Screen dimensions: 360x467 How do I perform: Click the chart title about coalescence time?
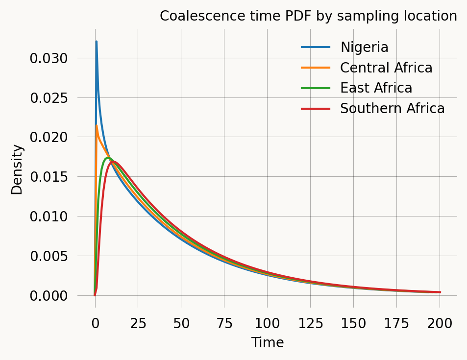pyautogui.click(x=308, y=16)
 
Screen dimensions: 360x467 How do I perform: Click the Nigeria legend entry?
pyautogui.click(x=364, y=48)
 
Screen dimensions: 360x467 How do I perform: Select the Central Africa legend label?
pyautogui.click(x=386, y=68)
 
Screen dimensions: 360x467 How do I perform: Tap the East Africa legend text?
pyautogui.click(x=376, y=88)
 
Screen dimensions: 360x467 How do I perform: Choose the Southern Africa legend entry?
pyautogui.click(x=392, y=109)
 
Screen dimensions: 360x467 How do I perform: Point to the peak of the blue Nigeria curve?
pyautogui.click(x=97, y=42)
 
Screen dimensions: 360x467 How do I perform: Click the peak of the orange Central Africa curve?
pyautogui.click(x=97, y=126)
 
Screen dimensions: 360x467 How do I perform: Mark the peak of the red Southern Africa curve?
pyautogui.click(x=113, y=162)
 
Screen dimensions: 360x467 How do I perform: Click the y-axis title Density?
pyautogui.click(x=17, y=169)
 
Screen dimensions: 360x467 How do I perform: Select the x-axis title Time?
pyautogui.click(x=267, y=343)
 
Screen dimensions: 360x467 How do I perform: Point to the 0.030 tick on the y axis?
pyautogui.click(x=49, y=58)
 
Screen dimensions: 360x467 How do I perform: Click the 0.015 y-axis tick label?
pyautogui.click(x=49, y=177)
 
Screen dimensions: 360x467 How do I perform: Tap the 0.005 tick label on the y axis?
pyautogui.click(x=49, y=256)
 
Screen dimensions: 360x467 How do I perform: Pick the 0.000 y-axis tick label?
pyautogui.click(x=49, y=296)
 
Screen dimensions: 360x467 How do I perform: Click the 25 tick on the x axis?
pyautogui.click(x=138, y=323)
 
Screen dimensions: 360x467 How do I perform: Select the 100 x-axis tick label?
pyautogui.click(x=267, y=323)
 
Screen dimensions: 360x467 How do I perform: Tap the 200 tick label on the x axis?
pyautogui.click(x=440, y=323)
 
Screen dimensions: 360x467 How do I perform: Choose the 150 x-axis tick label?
pyautogui.click(x=353, y=323)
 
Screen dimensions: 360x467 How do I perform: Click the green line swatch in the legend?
pyautogui.click(x=316, y=88)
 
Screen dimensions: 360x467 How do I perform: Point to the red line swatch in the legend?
pyautogui.click(x=316, y=109)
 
